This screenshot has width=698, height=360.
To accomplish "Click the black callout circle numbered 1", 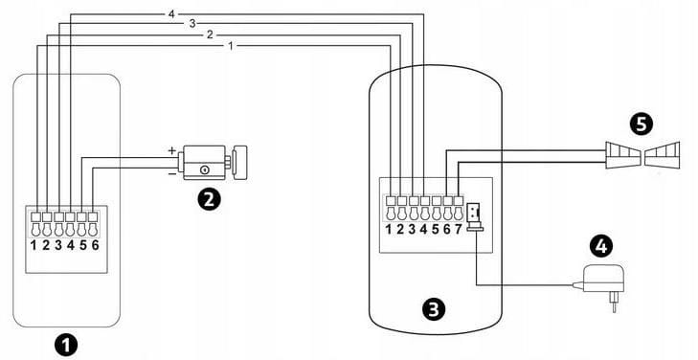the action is (x=65, y=346).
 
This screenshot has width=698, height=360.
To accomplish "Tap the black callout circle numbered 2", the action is (x=209, y=199).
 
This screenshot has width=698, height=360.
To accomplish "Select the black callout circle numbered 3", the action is (x=433, y=309).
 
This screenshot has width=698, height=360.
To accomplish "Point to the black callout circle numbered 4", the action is (x=601, y=247).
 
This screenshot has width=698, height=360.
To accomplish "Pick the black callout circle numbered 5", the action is (x=642, y=124).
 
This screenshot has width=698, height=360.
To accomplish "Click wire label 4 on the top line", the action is (x=171, y=14).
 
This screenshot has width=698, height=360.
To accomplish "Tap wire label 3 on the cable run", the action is (x=191, y=24).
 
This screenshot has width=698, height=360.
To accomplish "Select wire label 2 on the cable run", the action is (x=210, y=34).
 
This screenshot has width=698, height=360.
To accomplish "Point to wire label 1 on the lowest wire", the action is (x=230, y=46).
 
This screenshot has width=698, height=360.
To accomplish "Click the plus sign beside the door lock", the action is (x=171, y=150).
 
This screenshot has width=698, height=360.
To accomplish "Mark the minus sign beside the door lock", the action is (x=171, y=174).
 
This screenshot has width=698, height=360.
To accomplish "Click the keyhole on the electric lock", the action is (x=204, y=169).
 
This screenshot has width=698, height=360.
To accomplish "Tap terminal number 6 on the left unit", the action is (x=95, y=245).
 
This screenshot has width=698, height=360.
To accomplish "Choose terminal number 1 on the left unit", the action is (x=34, y=245).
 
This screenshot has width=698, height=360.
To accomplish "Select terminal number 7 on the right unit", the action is (x=459, y=230).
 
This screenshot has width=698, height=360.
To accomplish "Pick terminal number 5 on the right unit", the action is (x=436, y=230).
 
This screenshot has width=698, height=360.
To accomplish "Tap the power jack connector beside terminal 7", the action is (x=475, y=216).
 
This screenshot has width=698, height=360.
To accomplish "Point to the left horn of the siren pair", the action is (x=622, y=155).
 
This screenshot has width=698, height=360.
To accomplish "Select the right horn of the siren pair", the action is (x=663, y=155).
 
